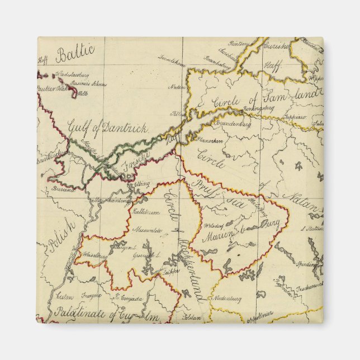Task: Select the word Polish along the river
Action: pyautogui.click(x=62, y=235)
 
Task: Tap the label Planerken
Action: pyautogui.click(x=210, y=141)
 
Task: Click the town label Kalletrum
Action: pyautogui.click(x=146, y=212)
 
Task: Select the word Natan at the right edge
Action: pyautogui.click(x=302, y=203)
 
